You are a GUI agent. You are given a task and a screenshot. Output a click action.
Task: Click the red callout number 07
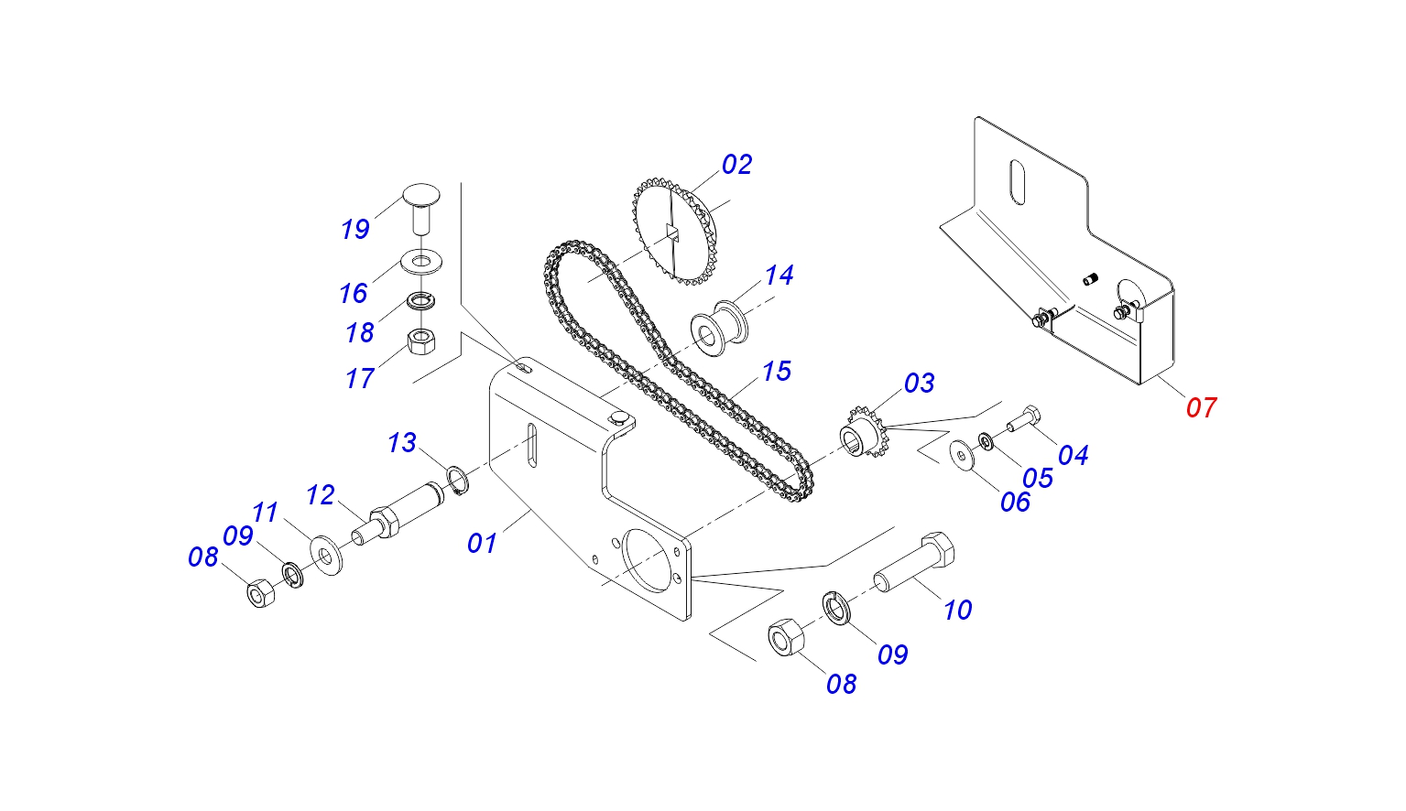[x=1201, y=407]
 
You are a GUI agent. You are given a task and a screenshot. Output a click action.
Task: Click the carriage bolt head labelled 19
[x=421, y=197]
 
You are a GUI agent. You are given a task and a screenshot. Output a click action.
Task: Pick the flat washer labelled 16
[x=421, y=263]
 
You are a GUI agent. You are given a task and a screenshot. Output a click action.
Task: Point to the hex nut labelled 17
[x=420, y=343]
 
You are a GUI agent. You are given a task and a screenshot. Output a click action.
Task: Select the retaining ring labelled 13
[x=458, y=479]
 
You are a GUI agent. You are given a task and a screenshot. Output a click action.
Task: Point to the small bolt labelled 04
[x=1022, y=420]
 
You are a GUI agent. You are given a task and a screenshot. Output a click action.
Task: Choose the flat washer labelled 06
[x=962, y=455]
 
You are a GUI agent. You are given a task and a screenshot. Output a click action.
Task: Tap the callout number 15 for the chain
[x=777, y=372]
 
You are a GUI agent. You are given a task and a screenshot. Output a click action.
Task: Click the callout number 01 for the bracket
[x=482, y=543]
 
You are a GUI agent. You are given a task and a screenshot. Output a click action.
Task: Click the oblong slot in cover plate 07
[x=1016, y=182]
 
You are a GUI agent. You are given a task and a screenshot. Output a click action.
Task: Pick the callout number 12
[x=321, y=495]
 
